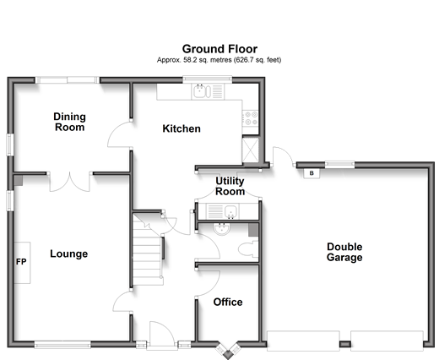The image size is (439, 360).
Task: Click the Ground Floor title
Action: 219,49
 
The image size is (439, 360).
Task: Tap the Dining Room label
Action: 69,122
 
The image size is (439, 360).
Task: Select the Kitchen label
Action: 182,128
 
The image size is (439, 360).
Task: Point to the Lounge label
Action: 69,254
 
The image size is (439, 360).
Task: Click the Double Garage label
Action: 344,252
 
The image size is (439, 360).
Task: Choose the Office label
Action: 228,302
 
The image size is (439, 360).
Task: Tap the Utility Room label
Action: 230,186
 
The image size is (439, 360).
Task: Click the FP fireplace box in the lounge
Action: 22,263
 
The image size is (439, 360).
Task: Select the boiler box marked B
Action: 312,173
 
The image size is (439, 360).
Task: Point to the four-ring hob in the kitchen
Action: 251,118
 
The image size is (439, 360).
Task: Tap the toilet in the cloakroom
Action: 248,248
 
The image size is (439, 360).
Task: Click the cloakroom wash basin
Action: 222,229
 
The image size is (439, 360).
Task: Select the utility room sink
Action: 223,211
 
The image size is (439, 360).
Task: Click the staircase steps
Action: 147,250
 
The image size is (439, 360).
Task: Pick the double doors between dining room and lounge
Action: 70,182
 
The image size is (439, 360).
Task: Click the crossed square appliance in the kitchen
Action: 250,150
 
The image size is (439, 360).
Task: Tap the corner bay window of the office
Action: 228,350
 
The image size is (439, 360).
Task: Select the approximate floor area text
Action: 219,60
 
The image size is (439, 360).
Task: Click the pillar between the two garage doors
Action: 344,344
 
